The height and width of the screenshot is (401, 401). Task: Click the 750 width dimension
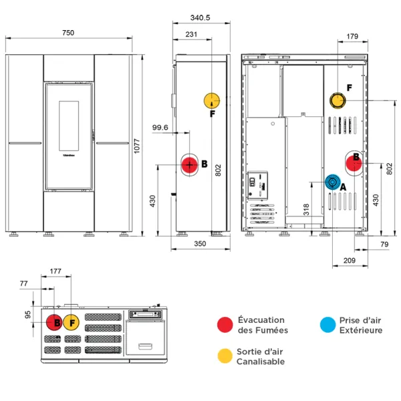point(69,33)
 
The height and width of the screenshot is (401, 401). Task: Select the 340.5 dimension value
point(200,19)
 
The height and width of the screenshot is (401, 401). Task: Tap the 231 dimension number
point(191,34)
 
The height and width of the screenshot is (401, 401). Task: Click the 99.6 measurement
point(160,128)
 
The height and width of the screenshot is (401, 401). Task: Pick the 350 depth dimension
point(200,244)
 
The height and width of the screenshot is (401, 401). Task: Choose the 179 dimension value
point(354,37)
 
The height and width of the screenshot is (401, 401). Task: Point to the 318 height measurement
point(306,209)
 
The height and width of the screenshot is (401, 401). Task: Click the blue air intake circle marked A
point(332,182)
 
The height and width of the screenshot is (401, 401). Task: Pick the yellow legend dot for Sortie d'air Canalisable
point(225,356)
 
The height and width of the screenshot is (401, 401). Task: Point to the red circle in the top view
point(54,323)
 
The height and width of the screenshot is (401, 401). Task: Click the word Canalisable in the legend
point(261,362)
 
